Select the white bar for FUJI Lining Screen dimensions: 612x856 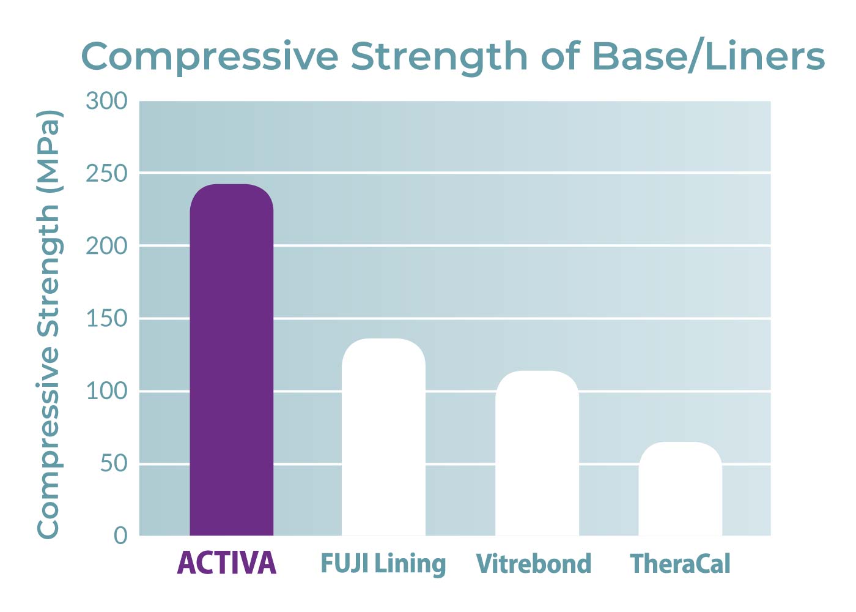click(x=383, y=437)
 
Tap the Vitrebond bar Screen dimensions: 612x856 click(x=537, y=453)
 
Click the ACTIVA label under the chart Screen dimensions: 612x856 click(x=227, y=563)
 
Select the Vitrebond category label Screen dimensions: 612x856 click(x=534, y=564)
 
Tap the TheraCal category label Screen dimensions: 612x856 click(x=680, y=564)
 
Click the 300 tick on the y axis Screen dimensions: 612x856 click(x=106, y=101)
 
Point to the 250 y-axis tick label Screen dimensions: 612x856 click(x=106, y=174)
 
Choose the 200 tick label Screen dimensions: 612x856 click(x=106, y=246)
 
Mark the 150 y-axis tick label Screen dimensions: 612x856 click(x=106, y=319)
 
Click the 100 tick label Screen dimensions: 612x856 click(x=106, y=391)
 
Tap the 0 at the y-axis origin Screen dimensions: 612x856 click(x=120, y=535)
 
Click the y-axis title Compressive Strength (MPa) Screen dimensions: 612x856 click(x=49, y=324)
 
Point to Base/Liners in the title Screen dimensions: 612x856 click(x=708, y=56)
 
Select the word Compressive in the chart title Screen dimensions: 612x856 click(x=210, y=56)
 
